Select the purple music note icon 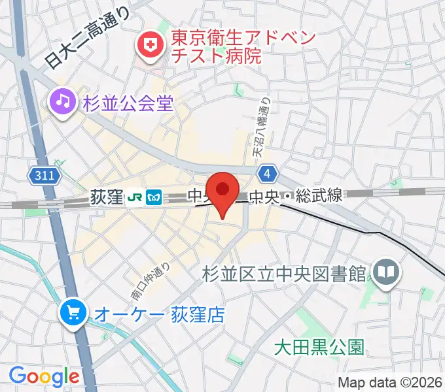[x=62, y=102]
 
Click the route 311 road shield [x=45, y=175]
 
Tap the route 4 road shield [x=266, y=174]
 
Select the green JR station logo [x=134, y=196]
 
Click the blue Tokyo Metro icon [x=155, y=196]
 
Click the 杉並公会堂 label [x=128, y=103]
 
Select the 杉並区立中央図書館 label [x=283, y=273]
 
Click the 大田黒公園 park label [x=319, y=346]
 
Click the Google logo [x=44, y=376]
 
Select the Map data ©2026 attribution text [x=390, y=382]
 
